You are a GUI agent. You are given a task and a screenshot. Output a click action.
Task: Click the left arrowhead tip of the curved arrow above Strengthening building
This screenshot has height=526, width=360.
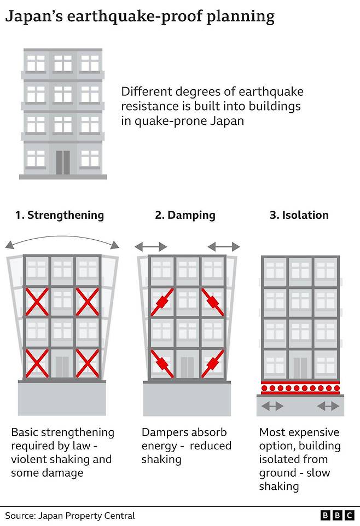coord(5,248)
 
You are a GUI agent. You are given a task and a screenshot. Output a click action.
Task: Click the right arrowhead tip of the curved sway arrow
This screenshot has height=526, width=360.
coord(119,248)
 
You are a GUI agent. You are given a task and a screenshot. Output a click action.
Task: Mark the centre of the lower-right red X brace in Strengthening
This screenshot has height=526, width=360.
coord(87,363)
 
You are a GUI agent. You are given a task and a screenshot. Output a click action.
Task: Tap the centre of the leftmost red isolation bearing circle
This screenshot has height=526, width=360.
coord(264,388)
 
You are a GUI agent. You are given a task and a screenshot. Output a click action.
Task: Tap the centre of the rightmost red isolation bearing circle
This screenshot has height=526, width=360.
coord(336,388)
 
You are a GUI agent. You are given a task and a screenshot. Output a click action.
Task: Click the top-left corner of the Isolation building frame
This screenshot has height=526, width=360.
coord(262,256)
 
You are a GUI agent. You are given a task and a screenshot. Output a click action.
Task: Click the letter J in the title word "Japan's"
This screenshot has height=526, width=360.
coord(9,16)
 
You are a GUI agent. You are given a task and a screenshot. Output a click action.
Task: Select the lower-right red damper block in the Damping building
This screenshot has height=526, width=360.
coord(212,363)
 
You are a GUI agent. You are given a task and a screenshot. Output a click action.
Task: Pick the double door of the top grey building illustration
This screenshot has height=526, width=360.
coord(63,163)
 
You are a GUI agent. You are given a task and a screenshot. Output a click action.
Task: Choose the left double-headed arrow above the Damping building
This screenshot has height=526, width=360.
coord(151,247)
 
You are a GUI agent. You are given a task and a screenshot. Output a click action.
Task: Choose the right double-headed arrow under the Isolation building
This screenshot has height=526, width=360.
coord(328,406)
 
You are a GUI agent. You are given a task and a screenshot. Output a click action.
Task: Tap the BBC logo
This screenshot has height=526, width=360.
coord(337,515)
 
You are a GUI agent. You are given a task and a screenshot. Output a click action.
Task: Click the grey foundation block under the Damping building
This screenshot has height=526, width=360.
coord(187,398)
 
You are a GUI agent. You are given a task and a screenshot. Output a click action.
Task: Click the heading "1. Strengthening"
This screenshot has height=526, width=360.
coord(60,215)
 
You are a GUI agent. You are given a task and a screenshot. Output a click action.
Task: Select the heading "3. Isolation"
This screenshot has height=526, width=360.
coord(299,215)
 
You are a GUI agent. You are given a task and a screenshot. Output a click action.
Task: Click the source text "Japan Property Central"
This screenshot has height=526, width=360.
coord(86,516)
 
